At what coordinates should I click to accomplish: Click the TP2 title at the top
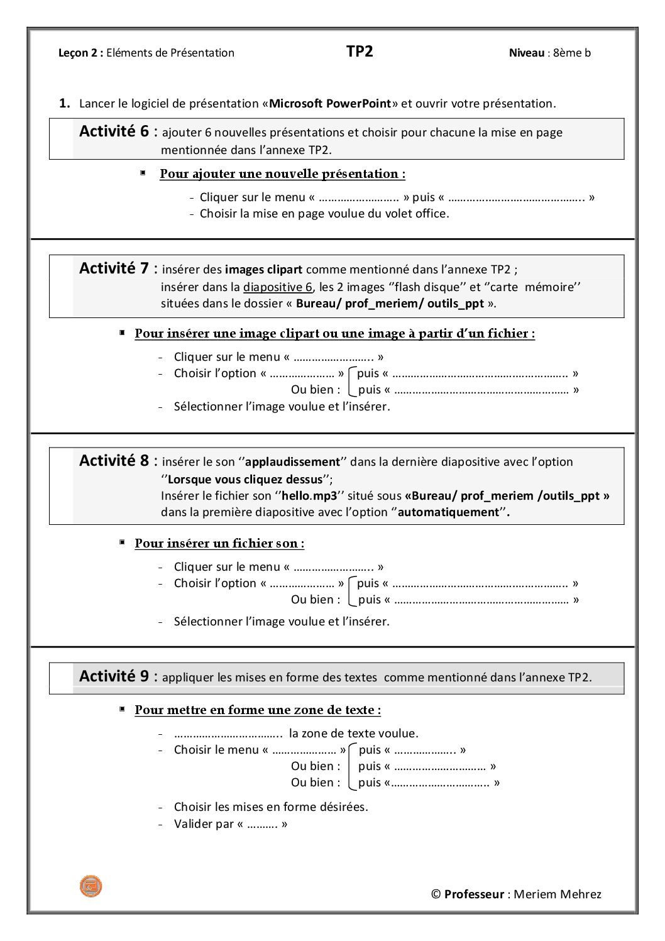360,52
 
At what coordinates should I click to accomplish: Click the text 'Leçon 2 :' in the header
80,53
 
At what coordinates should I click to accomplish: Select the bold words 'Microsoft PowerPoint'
330,104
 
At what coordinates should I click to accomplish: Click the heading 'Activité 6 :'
118,132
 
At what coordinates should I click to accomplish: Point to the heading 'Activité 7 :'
118,269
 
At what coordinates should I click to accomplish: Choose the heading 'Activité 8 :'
118,461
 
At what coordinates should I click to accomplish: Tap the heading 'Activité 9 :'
118,676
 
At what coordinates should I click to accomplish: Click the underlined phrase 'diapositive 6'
278,287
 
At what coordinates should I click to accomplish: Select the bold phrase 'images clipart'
263,270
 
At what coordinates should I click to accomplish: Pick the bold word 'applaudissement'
292,462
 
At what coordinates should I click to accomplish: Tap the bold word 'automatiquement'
448,512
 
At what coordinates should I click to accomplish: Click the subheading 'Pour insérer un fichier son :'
219,544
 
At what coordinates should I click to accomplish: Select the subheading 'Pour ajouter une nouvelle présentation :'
282,174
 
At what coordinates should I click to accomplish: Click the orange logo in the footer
91,886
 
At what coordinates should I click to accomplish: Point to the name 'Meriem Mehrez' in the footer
558,894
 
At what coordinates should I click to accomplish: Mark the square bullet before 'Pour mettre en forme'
122,709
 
